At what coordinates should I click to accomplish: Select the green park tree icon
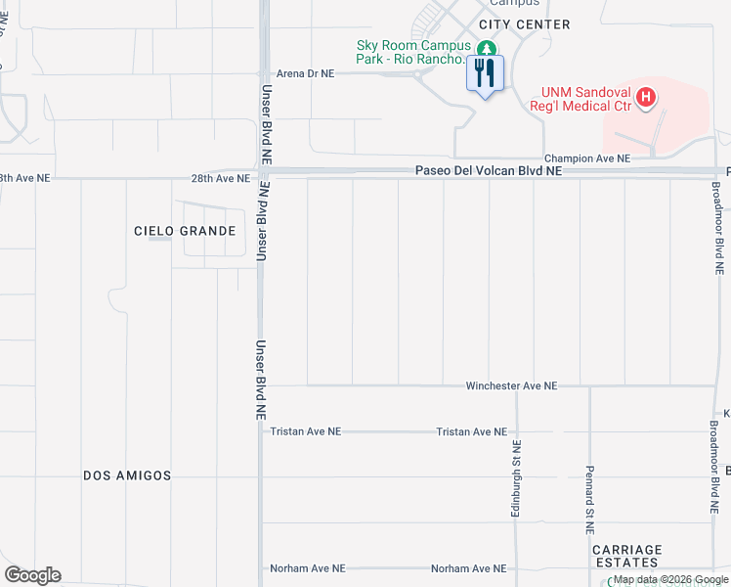pos(486,47)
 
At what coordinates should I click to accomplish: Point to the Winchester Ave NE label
pos(511,386)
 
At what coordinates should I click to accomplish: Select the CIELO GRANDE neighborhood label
pos(186,231)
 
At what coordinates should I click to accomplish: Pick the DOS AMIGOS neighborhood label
pos(127,475)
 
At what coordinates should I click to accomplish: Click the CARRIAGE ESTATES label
pos(626,556)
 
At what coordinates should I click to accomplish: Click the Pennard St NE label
pos(590,499)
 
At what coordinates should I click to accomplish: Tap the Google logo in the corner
pos(32,575)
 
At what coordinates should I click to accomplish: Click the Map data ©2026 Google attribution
pos(671,580)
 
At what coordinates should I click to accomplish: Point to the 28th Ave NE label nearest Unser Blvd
pos(220,179)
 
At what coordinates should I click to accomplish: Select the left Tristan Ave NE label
pos(306,431)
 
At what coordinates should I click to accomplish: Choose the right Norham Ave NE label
pos(470,568)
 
